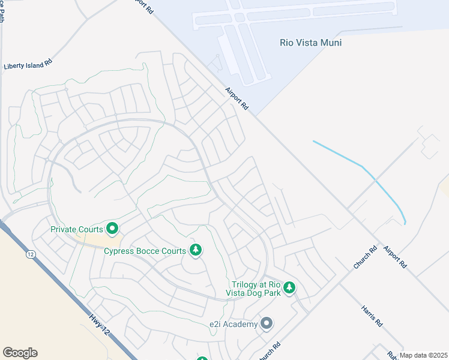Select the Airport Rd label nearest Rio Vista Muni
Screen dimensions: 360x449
237,98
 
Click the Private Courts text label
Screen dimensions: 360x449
77,229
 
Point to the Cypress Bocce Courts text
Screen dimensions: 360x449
145,250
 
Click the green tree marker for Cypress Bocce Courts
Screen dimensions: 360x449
195,250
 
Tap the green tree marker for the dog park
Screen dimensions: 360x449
289,288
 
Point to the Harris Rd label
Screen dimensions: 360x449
372,315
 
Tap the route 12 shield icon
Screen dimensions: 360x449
30,254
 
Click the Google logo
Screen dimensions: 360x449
20,353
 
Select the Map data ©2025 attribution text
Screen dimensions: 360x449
423,355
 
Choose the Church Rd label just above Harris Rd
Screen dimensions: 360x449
364,256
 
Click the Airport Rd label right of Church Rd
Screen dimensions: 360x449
395,256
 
